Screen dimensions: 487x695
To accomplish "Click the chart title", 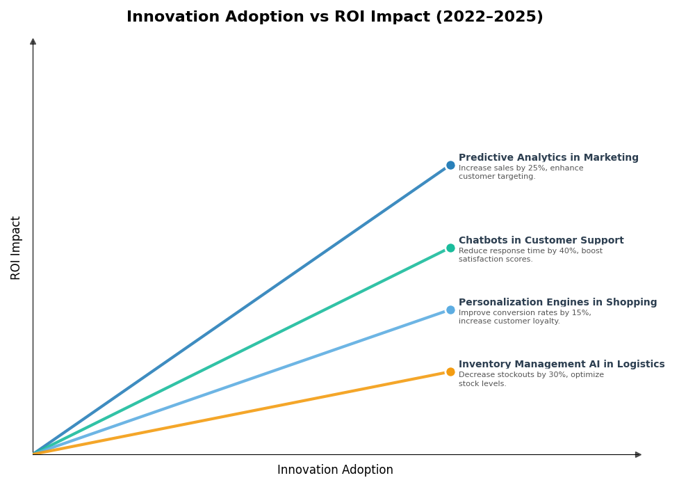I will click(x=334, y=17).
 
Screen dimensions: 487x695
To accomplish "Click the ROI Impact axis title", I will click(x=16, y=248).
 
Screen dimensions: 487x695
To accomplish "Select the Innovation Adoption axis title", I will click(x=335, y=470).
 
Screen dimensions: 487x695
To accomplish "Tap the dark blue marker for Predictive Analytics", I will click(x=450, y=166).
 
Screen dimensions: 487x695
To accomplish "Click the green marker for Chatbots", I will click(x=450, y=248).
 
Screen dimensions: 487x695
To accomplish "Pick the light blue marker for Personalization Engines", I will click(x=450, y=310).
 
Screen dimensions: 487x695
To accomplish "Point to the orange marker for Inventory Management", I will click(x=450, y=372).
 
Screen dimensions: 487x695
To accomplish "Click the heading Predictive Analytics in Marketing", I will click(x=548, y=158).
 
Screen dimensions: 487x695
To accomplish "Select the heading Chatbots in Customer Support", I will click(x=541, y=241).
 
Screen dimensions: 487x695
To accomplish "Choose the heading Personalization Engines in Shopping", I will click(x=557, y=303).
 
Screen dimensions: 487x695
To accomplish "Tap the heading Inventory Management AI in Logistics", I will click(x=562, y=365).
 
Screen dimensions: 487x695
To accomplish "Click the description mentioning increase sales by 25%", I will click(x=521, y=173).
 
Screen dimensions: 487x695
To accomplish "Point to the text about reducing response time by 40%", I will click(x=530, y=255).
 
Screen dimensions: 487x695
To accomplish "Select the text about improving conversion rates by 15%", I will click(x=525, y=317).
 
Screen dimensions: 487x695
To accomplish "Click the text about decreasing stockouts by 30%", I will click(x=531, y=379).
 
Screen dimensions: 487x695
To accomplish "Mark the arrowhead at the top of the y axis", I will click(x=33, y=42).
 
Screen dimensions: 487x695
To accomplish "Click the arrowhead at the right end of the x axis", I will click(x=638, y=455).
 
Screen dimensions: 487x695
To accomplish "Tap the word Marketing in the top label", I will click(x=612, y=158).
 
